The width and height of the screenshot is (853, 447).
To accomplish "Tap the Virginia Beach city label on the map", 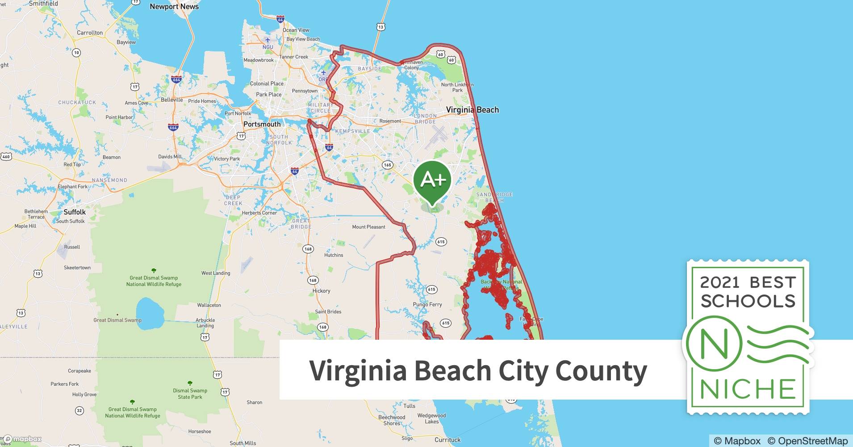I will click(472, 110).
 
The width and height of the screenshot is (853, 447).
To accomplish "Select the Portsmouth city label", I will click(262, 124).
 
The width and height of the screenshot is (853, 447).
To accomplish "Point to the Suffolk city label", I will click(75, 212).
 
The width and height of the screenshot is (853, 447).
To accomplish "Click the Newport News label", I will click(174, 7).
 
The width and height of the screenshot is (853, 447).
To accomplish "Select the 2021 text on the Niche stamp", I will click(719, 283).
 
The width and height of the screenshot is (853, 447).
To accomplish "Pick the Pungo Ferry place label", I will click(427, 305).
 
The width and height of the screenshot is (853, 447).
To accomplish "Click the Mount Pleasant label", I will click(368, 227).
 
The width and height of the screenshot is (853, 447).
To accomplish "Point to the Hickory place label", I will click(321, 291).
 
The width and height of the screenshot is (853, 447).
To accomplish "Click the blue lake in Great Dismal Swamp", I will click(149, 314).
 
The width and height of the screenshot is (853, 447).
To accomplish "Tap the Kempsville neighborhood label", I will click(352, 131).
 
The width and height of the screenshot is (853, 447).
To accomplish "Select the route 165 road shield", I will click(387, 165).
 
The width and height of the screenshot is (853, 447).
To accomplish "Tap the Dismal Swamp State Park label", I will click(190, 394).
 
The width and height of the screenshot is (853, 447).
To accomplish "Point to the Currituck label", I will click(447, 440).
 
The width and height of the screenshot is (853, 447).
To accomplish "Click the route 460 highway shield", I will click(6, 156).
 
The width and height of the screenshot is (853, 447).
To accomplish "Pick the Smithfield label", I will click(43, 4).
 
